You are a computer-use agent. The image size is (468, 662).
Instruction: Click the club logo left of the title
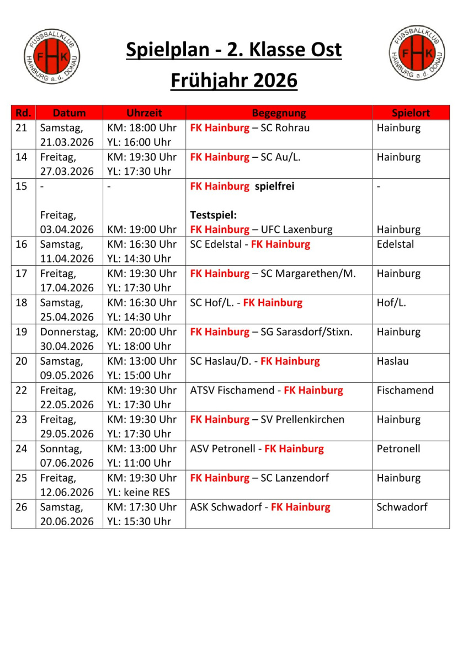(x=52, y=57)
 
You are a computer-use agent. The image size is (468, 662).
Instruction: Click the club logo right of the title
(x=417, y=53)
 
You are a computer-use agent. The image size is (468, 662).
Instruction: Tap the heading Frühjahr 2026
(x=234, y=81)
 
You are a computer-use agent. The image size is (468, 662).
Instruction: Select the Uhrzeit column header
(x=144, y=113)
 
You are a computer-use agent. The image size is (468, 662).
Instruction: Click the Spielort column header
(x=411, y=113)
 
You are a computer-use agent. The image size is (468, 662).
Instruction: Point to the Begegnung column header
(x=279, y=113)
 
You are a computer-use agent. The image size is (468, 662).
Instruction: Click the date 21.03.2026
(x=67, y=142)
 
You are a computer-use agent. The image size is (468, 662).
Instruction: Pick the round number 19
(x=22, y=332)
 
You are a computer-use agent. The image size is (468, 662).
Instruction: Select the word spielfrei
(x=274, y=186)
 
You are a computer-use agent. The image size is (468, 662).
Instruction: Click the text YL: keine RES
(x=139, y=492)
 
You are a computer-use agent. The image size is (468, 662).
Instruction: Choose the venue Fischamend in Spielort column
(x=405, y=391)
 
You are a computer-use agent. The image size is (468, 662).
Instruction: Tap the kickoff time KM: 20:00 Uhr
(x=142, y=332)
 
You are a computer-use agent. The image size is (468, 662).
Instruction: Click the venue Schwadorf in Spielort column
(x=402, y=507)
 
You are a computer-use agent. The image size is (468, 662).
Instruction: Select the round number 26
(x=22, y=507)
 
